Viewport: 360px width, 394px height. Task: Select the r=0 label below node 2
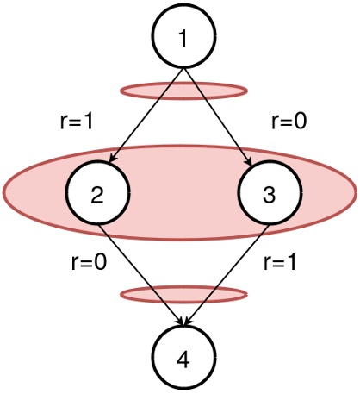click(88, 264)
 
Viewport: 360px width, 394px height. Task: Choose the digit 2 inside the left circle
click(97, 195)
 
